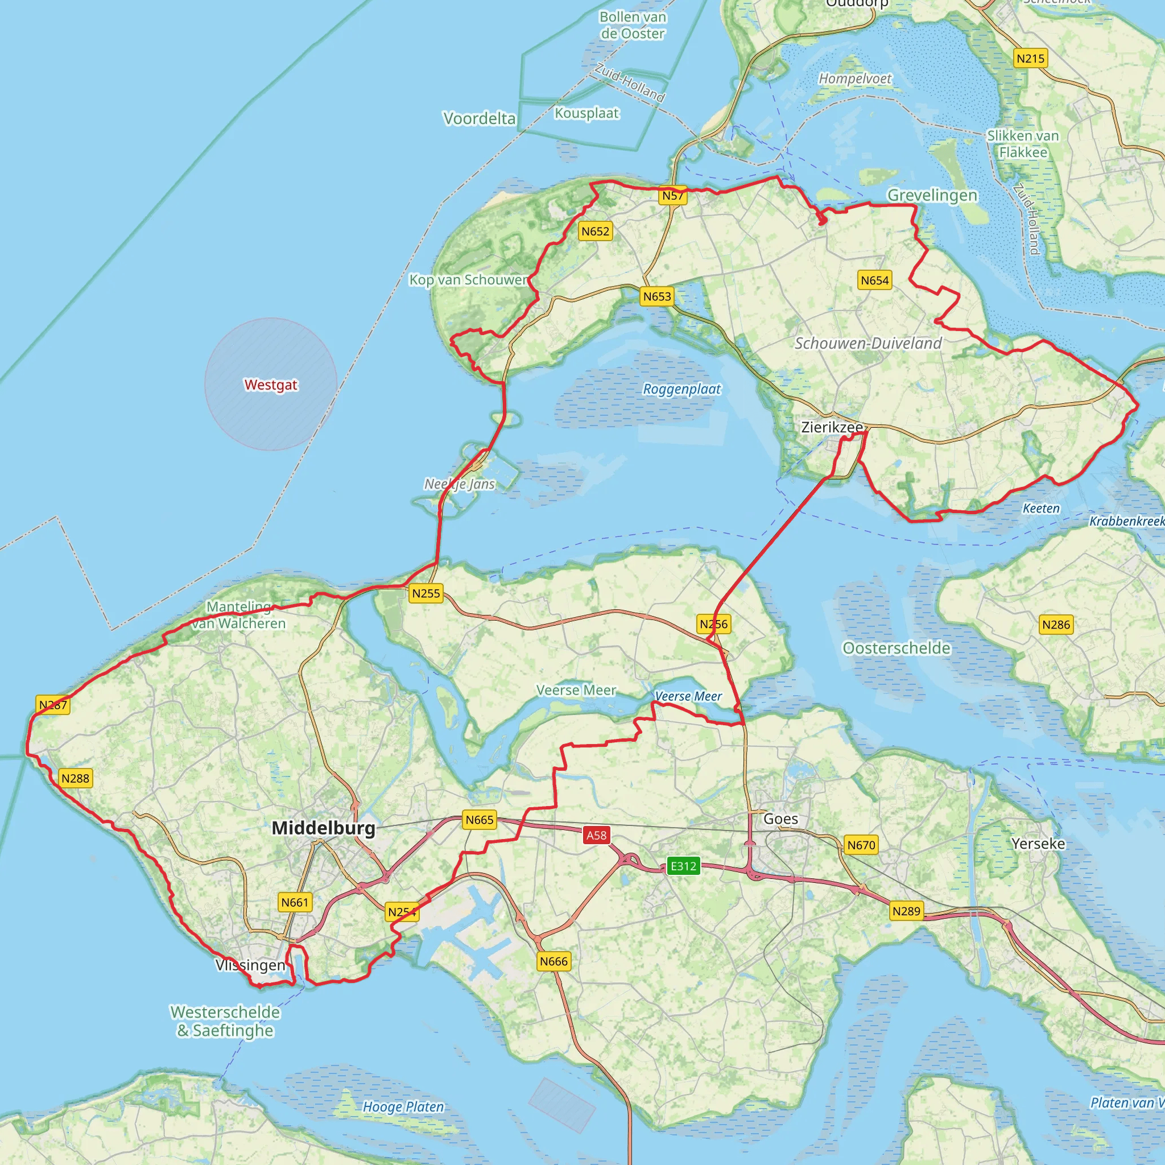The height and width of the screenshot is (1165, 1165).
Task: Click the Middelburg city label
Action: (323, 828)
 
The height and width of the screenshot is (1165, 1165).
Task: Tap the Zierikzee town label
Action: (832, 427)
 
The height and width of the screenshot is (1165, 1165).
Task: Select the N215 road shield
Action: (1030, 59)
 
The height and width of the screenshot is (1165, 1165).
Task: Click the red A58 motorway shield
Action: (596, 835)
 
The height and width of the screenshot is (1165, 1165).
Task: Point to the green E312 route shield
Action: (683, 866)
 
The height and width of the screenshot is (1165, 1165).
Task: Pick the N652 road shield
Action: (595, 232)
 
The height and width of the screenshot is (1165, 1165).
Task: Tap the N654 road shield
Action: (874, 280)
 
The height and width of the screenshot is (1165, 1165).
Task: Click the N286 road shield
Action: (1056, 625)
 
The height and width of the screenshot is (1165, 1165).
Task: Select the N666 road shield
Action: (553, 961)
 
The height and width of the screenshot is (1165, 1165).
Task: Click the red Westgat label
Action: (271, 385)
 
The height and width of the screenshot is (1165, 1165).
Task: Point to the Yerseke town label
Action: (1038, 844)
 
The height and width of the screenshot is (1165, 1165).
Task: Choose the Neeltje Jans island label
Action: (460, 484)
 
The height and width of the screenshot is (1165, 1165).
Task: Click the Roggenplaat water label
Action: (681, 389)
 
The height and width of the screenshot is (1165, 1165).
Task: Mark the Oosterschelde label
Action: (896, 648)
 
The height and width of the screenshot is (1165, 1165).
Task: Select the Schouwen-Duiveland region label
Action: (867, 343)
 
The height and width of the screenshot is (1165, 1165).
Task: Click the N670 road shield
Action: (861, 845)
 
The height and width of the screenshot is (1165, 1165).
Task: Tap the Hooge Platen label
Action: (403, 1106)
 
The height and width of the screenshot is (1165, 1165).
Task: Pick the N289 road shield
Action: (906, 911)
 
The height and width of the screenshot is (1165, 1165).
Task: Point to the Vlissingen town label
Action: (250, 965)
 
